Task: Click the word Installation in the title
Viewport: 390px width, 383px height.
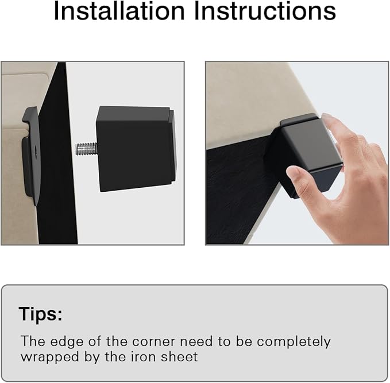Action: click(x=119, y=10)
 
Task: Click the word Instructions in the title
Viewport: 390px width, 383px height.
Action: click(x=265, y=10)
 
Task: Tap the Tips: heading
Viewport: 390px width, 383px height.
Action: click(x=40, y=314)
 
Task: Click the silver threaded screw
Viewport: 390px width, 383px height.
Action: click(x=86, y=149)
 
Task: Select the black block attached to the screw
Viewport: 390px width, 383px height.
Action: click(x=136, y=149)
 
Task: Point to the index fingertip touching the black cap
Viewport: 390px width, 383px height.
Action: click(x=329, y=119)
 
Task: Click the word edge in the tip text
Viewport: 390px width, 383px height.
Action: click(x=67, y=342)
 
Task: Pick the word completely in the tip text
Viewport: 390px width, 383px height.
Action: click(x=294, y=342)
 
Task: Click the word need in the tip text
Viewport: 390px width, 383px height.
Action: click(x=196, y=342)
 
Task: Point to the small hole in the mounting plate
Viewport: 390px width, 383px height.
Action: click(x=37, y=150)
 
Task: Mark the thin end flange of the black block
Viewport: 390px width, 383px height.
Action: click(x=172, y=147)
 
